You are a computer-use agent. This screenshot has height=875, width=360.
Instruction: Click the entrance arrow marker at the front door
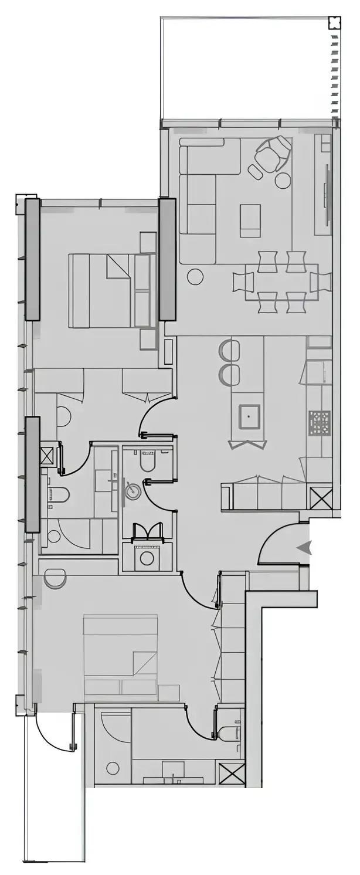304,548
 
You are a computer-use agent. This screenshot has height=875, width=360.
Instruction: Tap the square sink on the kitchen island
249,416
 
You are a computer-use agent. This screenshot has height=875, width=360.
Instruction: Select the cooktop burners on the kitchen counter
320,421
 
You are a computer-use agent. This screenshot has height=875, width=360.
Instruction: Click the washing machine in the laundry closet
146,557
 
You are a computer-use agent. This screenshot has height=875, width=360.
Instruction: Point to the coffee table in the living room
250,221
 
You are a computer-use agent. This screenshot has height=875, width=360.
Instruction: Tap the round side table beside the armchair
283,179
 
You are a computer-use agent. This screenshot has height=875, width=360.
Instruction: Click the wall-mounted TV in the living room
326,196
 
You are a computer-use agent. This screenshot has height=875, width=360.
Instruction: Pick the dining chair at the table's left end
242,282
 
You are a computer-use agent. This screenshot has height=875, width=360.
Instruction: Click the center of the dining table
281,282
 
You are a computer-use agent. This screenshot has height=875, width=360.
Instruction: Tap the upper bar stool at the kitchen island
229,351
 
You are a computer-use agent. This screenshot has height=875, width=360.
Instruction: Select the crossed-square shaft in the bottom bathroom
230,772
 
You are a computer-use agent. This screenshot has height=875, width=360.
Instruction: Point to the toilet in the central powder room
147,461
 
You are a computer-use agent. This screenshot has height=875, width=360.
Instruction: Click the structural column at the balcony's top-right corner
334,23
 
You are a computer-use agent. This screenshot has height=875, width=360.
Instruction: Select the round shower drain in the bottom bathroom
112,768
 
